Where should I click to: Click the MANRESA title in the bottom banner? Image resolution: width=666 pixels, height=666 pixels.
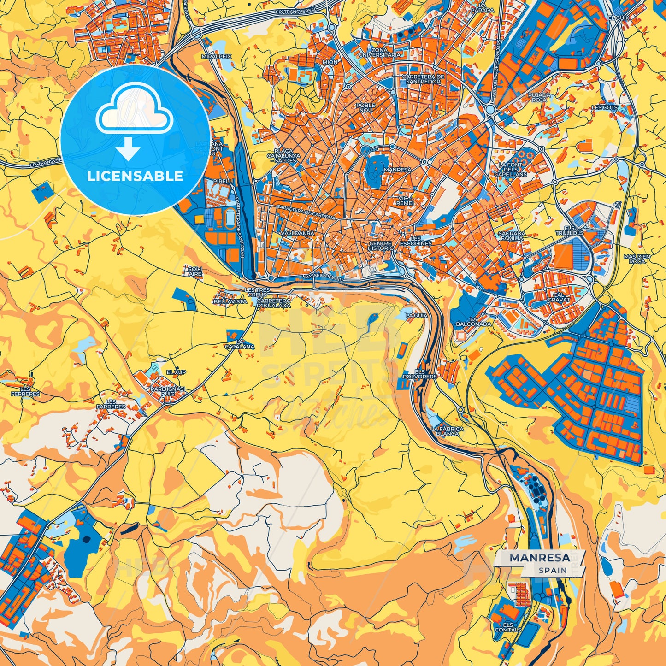(539, 558)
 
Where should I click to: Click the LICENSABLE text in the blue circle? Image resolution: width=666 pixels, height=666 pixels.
(135, 176)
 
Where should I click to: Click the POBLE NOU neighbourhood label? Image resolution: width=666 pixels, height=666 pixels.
(365, 108)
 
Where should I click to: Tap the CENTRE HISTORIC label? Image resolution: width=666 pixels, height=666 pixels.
(381, 246)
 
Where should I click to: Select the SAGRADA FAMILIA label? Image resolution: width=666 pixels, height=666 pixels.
(512, 236)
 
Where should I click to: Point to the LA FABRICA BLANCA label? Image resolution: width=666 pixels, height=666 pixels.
(447, 431)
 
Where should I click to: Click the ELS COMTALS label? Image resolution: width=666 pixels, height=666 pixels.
(508, 627)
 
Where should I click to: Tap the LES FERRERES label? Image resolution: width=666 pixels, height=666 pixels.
(25, 391)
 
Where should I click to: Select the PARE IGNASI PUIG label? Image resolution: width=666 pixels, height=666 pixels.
(167, 391)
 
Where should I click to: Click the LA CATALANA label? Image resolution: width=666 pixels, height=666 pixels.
(239, 344)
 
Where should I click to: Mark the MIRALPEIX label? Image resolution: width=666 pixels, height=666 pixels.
(216, 56)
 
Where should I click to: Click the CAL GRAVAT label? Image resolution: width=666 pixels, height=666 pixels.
(559, 297)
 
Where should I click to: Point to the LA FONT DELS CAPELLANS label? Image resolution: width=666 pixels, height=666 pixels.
(510, 170)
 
